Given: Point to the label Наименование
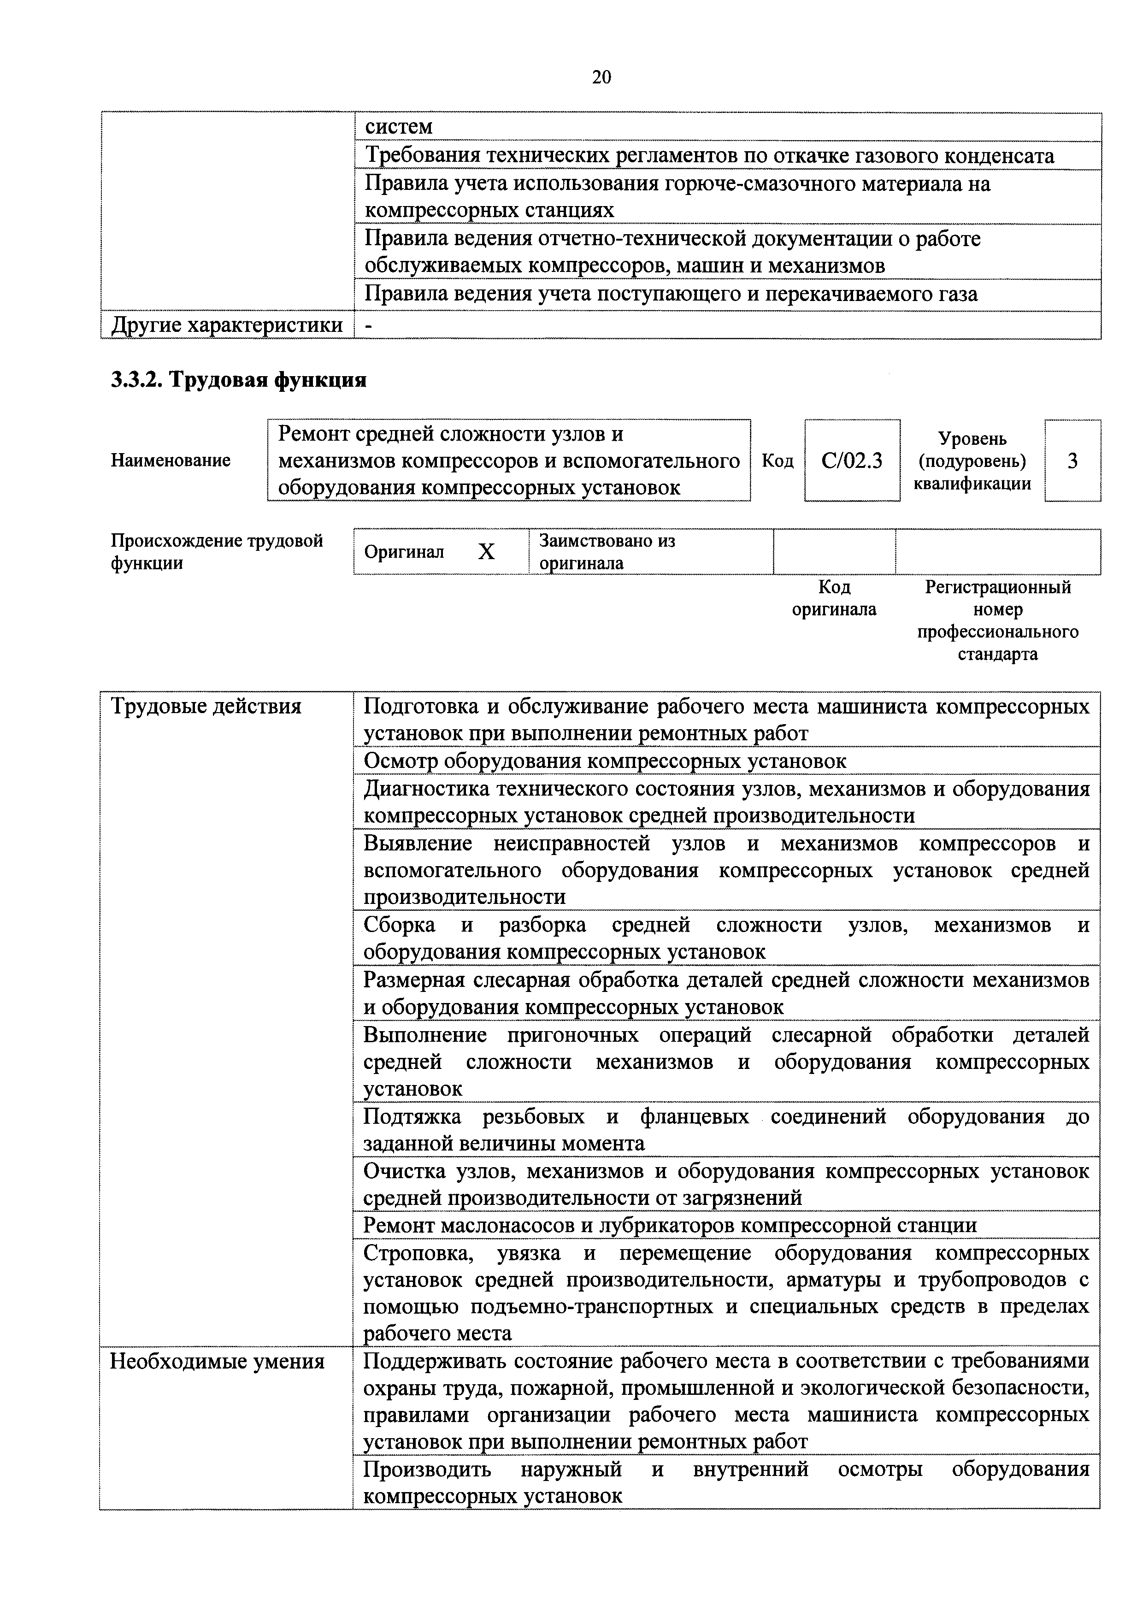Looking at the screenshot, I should [x=171, y=460].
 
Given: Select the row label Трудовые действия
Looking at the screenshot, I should [x=206, y=706].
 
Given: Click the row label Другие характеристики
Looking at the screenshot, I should [x=227, y=325].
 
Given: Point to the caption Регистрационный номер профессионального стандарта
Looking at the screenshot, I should [x=997, y=620].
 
